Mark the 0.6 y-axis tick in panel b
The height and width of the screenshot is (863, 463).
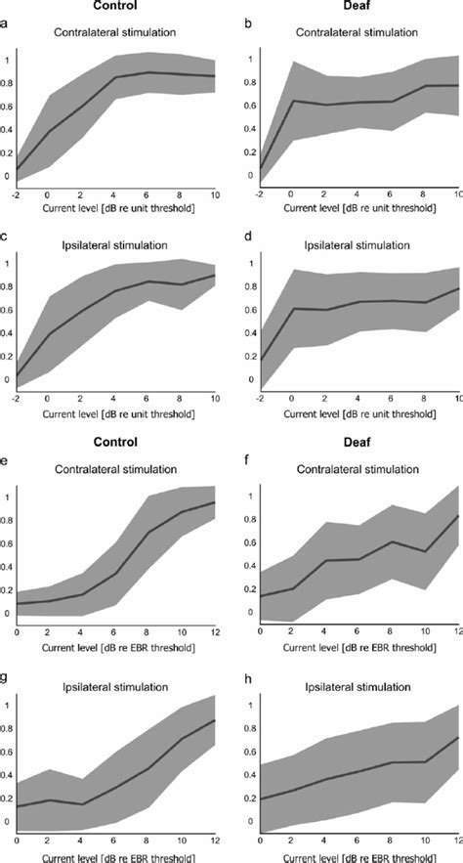point(248,106)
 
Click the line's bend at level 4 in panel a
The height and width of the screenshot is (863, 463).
point(115,78)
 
